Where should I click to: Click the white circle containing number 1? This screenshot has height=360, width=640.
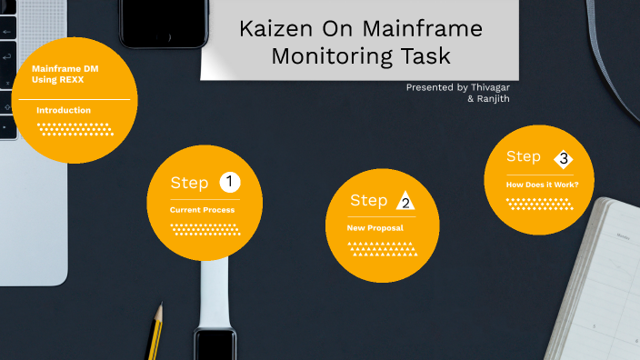[x=229, y=183]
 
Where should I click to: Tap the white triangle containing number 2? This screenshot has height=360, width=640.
[x=404, y=201]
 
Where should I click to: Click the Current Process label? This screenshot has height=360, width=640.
[x=202, y=210]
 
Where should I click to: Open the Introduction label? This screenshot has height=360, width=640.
[x=64, y=110]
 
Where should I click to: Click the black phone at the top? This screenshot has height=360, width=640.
[x=163, y=22]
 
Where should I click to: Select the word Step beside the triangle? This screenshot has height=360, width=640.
[x=369, y=201]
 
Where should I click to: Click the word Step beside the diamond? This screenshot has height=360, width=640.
[x=524, y=156]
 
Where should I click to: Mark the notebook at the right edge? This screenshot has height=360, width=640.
[x=608, y=282]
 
